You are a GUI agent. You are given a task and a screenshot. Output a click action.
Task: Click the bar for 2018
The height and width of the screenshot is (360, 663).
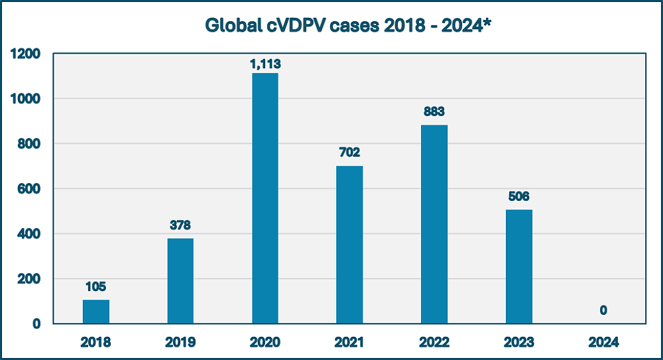96,312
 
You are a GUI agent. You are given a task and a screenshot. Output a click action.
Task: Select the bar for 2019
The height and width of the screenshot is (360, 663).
180,281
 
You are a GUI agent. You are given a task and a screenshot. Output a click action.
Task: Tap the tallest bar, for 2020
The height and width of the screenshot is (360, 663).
265,198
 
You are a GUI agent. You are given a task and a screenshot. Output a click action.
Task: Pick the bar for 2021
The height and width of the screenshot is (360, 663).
349,245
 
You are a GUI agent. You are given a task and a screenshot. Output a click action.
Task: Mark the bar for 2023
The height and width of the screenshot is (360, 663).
518,267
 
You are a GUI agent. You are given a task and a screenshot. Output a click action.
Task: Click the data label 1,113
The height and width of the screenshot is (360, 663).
265,64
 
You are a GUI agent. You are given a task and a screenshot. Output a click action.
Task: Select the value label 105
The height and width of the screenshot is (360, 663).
96,287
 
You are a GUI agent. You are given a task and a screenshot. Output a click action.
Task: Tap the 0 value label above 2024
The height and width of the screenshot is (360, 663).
603,310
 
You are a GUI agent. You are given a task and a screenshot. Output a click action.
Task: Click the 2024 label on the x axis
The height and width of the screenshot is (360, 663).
603,343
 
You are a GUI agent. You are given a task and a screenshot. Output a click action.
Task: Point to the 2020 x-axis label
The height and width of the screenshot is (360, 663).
265,343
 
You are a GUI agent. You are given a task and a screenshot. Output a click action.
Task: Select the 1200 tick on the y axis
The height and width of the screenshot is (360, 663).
25,54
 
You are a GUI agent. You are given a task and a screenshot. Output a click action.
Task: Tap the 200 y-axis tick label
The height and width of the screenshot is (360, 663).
30,279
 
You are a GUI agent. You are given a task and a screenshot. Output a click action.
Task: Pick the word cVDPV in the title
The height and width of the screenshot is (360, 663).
286,25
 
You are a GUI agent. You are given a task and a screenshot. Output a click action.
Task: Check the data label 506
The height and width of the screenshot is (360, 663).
518,197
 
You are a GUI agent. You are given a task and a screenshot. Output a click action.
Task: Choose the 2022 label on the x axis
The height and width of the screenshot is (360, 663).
434,343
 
